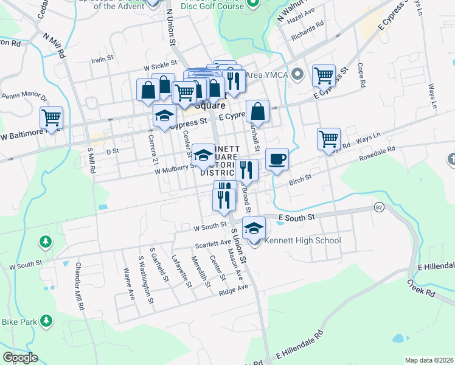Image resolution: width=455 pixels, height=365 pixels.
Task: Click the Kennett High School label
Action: [x=302, y=241]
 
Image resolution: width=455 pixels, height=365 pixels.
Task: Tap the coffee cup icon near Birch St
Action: [x=277, y=159]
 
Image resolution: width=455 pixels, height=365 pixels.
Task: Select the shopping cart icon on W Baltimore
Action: [x=52, y=117]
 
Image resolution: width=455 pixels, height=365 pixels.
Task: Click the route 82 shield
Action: [x=379, y=207]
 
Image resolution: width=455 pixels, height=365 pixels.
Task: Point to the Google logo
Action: [x=20, y=358]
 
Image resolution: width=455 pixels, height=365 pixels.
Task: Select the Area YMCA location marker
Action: [x=297, y=74]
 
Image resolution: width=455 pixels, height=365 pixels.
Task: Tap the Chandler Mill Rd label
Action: [x=78, y=287]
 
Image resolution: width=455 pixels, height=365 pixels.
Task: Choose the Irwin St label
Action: [x=103, y=60]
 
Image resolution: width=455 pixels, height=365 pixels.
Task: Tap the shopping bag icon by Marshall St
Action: [x=258, y=111]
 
